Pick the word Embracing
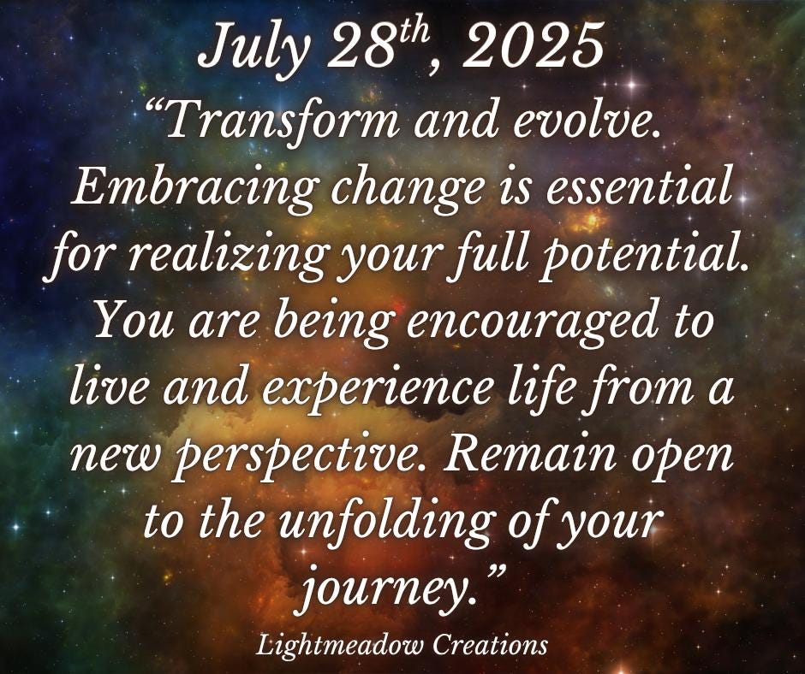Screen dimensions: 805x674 click(x=192, y=187)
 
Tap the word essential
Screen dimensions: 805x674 click(x=638, y=187)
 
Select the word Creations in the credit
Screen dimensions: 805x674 click(x=489, y=644)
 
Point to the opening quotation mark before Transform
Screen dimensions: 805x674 click(x=153, y=109)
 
